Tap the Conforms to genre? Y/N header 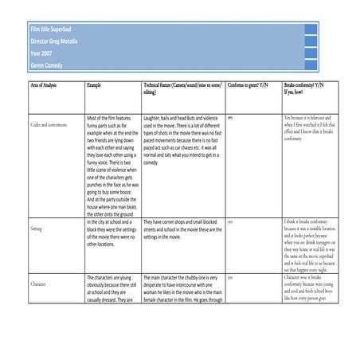pos(248,84)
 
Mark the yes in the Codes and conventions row pos(230,117)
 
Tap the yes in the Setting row pos(230,221)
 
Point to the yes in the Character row pos(230,277)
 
